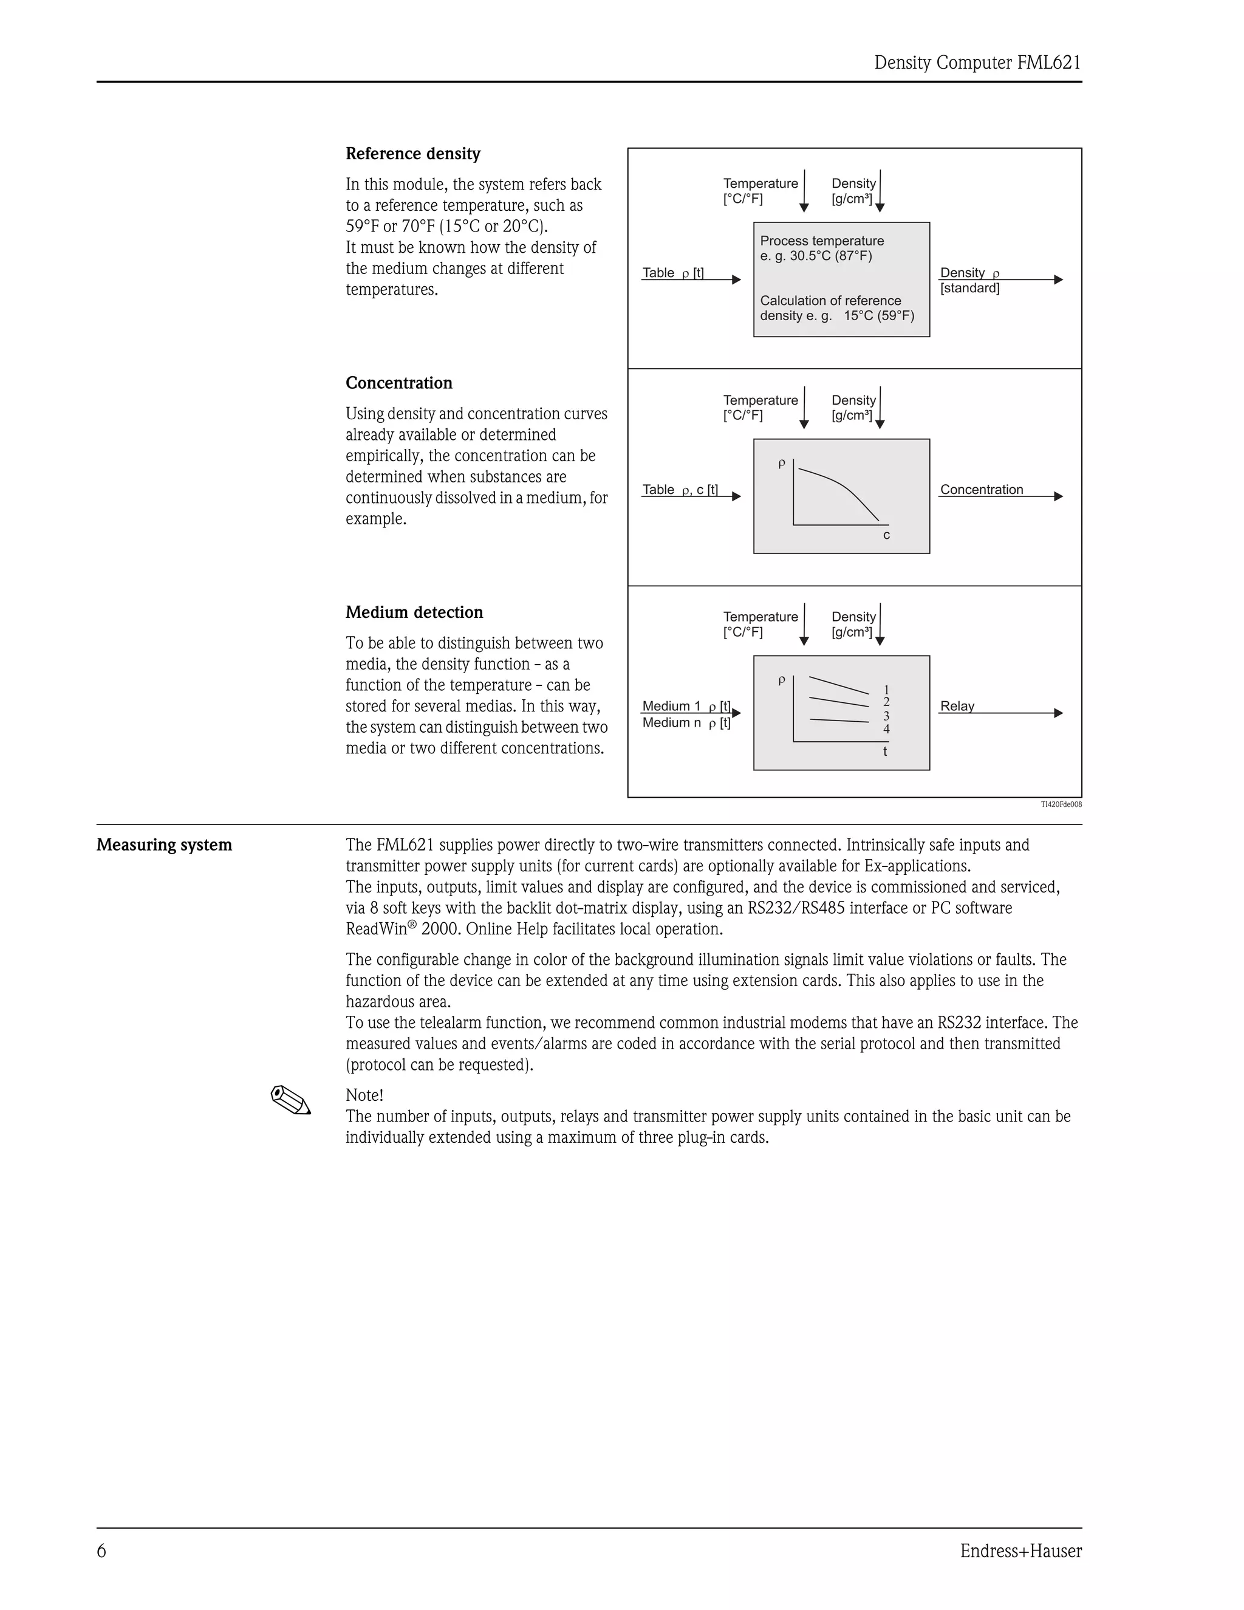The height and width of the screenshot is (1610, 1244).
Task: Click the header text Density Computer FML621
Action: tap(977, 63)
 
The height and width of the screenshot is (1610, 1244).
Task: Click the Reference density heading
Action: tap(412, 154)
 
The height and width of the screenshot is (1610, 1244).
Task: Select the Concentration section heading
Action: tap(398, 383)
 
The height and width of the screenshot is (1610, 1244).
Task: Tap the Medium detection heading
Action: tap(414, 612)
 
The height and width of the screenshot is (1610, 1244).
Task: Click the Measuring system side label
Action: tap(163, 845)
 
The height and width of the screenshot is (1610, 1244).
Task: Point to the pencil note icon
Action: tap(291, 1100)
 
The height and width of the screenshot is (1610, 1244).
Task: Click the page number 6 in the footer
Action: tap(101, 1551)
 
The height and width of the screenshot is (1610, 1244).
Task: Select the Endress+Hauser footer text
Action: tap(1020, 1551)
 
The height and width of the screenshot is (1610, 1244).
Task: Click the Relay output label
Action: tap(957, 706)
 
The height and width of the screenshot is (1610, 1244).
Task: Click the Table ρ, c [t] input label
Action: tap(680, 490)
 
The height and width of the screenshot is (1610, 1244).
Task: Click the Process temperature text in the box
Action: tap(821, 241)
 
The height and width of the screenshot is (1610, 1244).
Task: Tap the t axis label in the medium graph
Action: tap(885, 752)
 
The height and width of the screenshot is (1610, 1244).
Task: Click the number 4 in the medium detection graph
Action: tap(886, 729)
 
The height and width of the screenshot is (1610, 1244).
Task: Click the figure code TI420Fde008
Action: tap(1061, 804)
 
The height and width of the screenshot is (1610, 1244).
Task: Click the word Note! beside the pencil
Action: tap(364, 1095)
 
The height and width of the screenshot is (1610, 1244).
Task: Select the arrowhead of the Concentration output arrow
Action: tap(1058, 496)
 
